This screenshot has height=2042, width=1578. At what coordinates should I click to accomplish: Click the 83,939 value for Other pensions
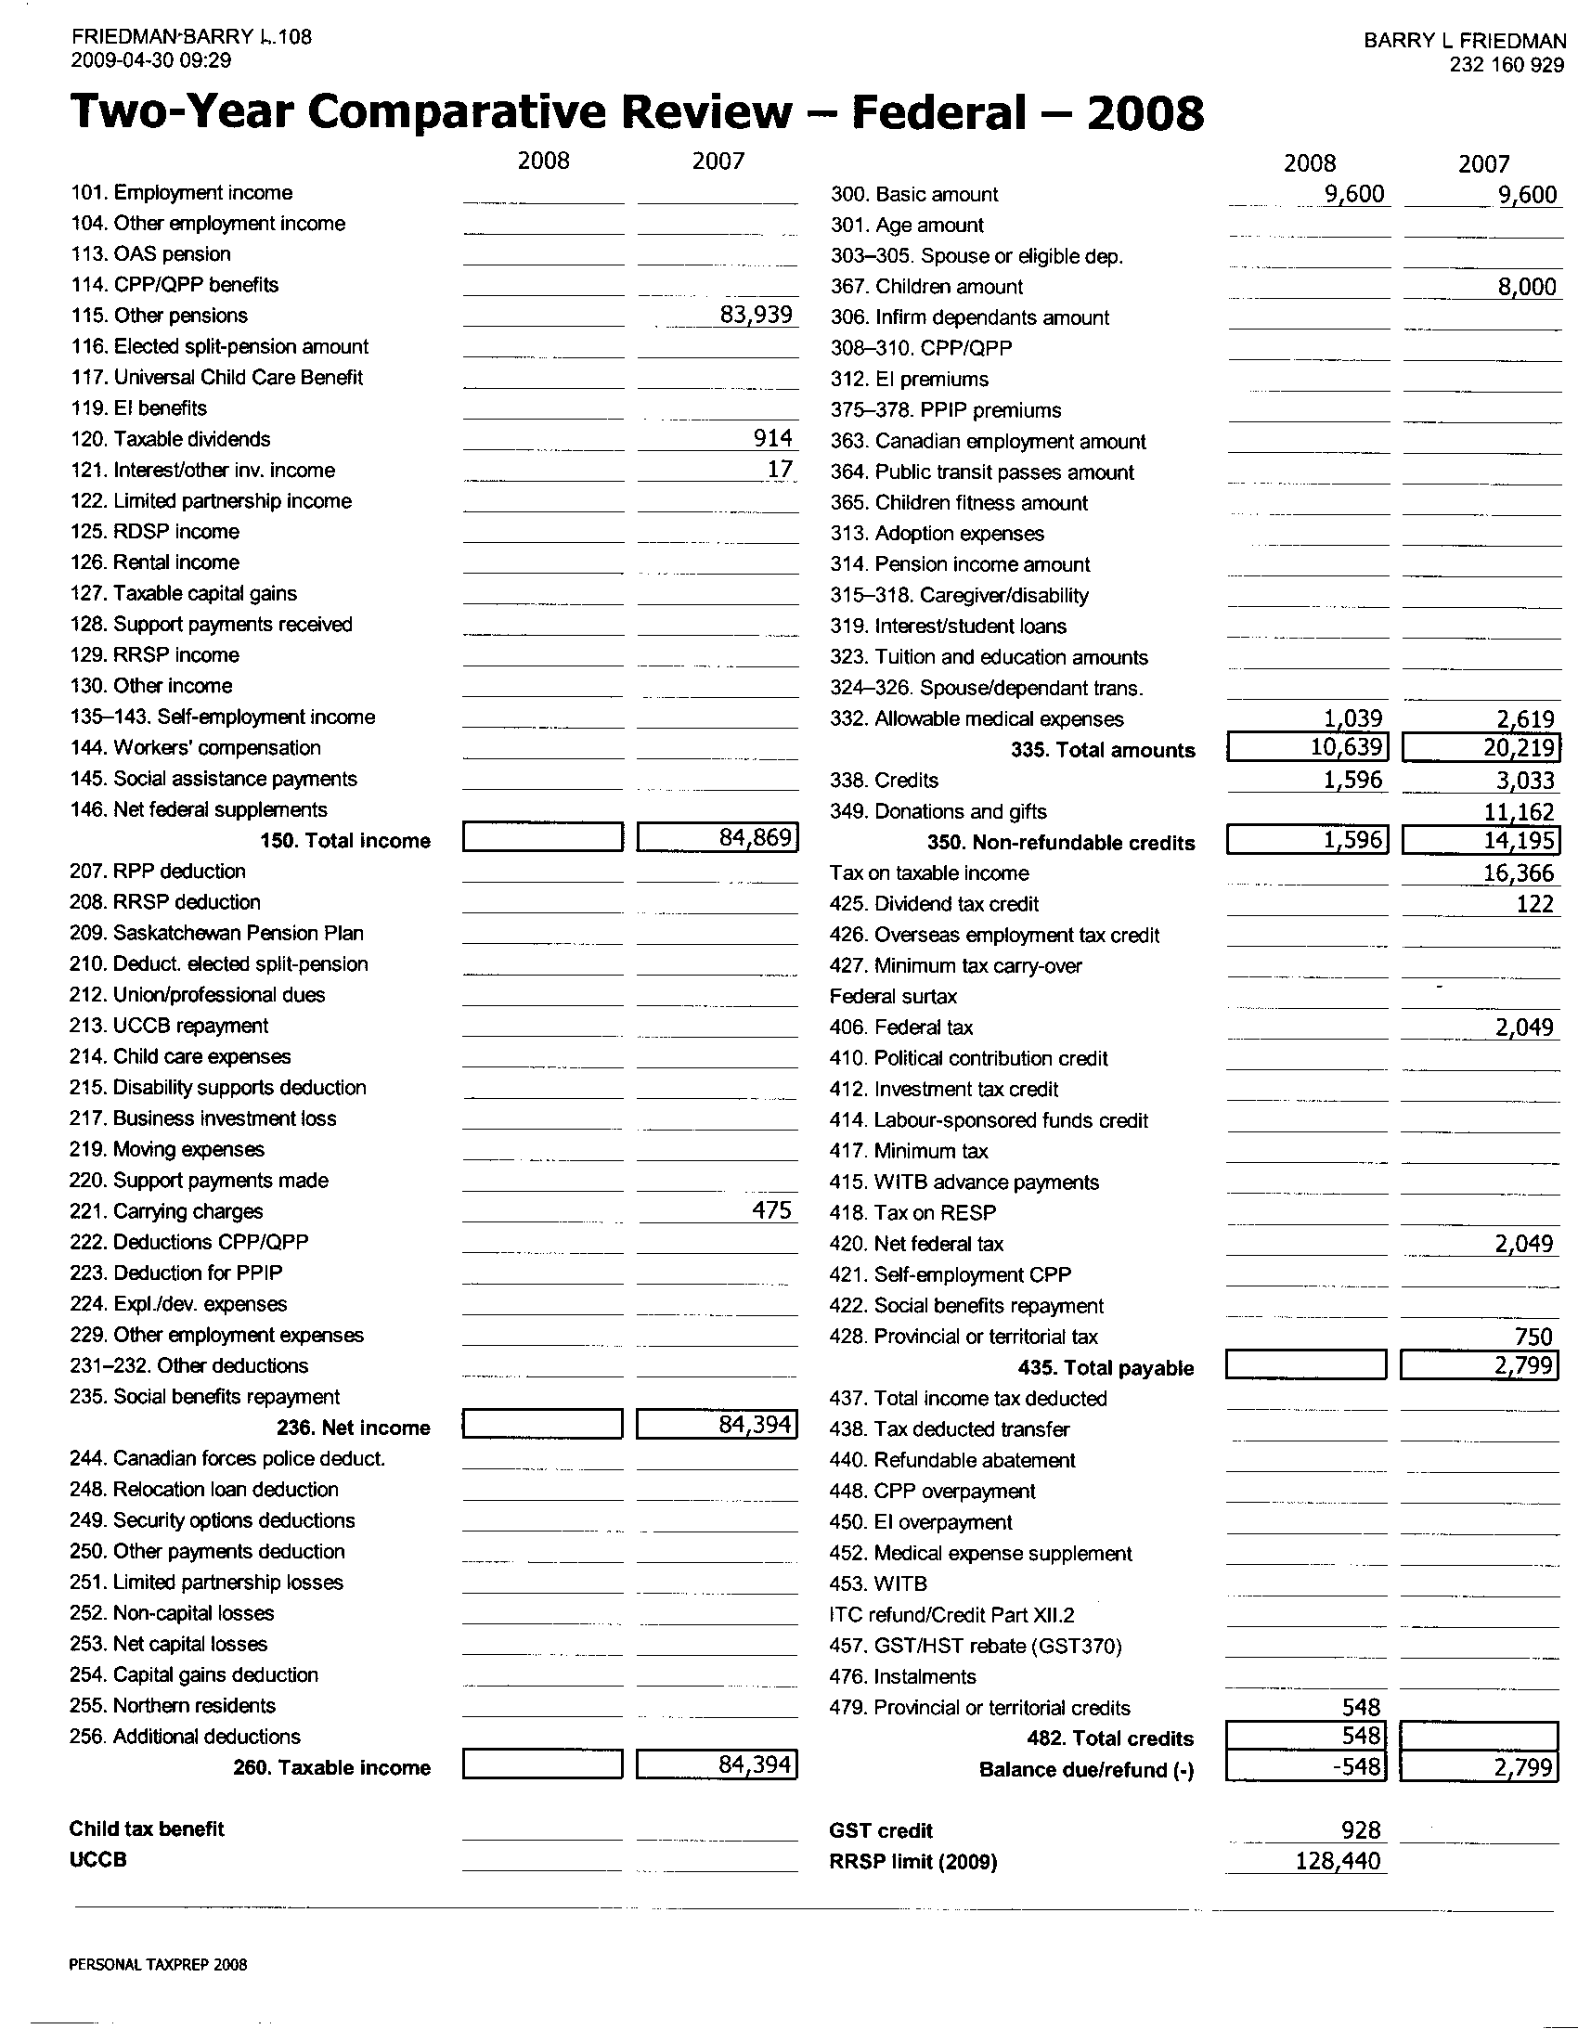[756, 315]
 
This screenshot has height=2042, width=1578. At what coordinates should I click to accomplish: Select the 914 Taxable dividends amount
[773, 438]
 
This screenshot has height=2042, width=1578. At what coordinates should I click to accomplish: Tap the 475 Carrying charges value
[772, 1210]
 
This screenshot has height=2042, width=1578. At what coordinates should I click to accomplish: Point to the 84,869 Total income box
[717, 838]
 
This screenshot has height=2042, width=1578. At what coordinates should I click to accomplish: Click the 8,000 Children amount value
[1527, 287]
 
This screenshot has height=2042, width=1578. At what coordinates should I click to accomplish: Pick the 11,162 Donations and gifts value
[1519, 811]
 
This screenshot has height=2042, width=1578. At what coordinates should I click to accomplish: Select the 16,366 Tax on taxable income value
[1519, 873]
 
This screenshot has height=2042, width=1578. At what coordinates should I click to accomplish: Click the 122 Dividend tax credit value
[1534, 904]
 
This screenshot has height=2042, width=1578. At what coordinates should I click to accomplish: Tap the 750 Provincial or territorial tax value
[1534, 1337]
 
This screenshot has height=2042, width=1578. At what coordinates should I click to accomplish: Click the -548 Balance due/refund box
[1306, 1768]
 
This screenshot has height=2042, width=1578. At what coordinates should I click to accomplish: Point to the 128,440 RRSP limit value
[1337, 1861]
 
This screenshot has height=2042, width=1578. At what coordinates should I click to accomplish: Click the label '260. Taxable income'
[332, 1768]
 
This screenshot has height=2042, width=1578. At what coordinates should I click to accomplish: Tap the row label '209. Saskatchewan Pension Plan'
[216, 933]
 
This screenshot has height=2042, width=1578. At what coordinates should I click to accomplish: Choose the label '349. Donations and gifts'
[938, 811]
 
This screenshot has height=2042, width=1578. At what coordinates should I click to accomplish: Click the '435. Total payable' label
[1105, 1368]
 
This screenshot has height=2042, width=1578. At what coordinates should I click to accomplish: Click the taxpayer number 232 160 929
[1506, 66]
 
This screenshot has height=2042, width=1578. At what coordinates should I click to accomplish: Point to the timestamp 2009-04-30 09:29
[150, 60]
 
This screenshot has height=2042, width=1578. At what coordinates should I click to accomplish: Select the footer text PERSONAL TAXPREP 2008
[158, 1964]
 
